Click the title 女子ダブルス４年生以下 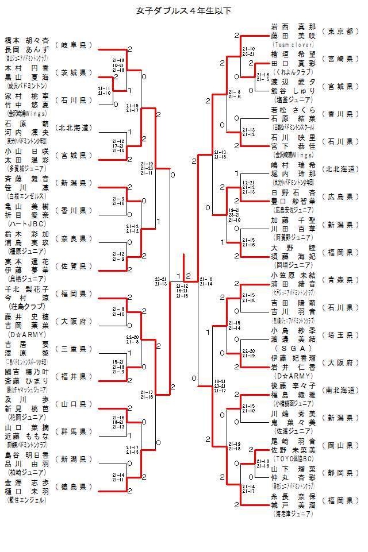184,10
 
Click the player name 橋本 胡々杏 26,41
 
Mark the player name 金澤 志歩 26,483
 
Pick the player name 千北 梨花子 26,289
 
